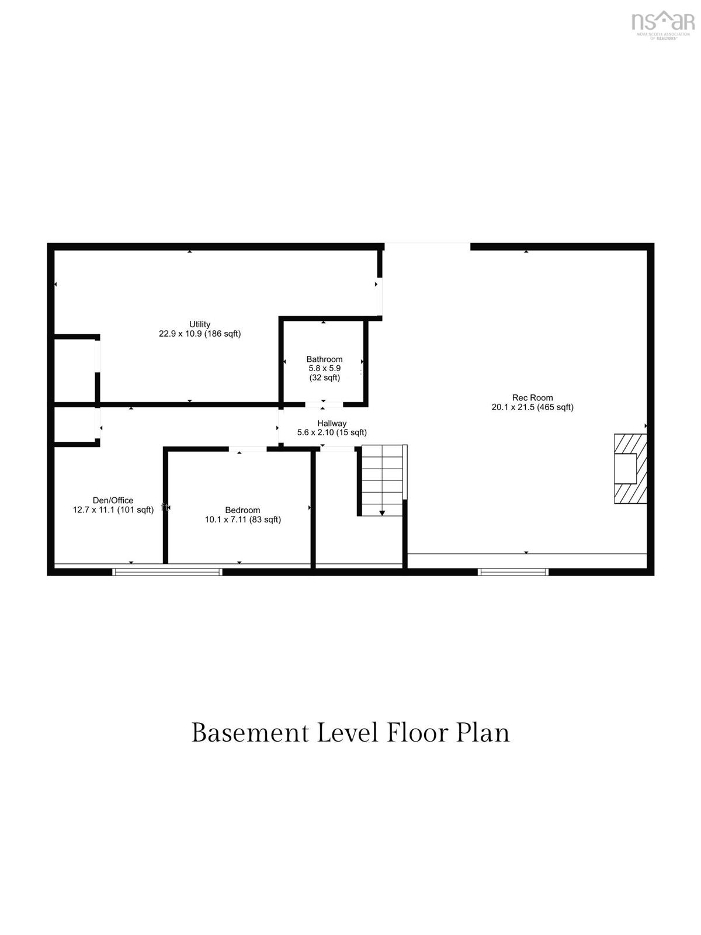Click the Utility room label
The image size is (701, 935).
[200, 324]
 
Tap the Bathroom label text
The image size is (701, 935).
[324, 359]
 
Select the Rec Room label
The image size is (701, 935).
[532, 397]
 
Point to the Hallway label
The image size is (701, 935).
[332, 424]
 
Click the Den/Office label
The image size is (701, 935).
[113, 500]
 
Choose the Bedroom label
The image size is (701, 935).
[242, 510]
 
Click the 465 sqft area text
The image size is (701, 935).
[556, 407]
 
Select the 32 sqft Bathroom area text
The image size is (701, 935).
[325, 378]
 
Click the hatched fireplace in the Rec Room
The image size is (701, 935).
[630, 469]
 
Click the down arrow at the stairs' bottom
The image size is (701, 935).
[382, 513]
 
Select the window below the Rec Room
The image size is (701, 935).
[513, 572]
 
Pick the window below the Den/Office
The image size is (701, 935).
[167, 572]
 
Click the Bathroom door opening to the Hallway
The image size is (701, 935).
[324, 404]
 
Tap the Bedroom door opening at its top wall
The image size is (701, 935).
[248, 449]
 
